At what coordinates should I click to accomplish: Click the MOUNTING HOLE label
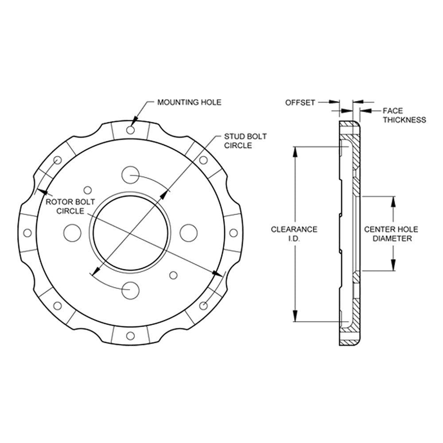pyautogui.click(x=189, y=102)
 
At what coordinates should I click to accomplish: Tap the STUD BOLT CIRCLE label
pyautogui.click(x=245, y=141)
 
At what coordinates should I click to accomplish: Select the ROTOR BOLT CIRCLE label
pyautogui.click(x=70, y=206)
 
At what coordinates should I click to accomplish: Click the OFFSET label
pyautogui.click(x=300, y=103)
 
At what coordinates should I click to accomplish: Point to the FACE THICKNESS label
pyautogui.click(x=404, y=115)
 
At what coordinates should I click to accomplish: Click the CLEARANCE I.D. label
pyautogui.click(x=294, y=233)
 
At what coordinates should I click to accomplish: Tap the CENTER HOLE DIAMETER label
pyautogui.click(x=391, y=233)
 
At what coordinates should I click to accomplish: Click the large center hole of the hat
pyautogui.click(x=132, y=233)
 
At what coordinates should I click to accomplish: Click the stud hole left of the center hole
pyautogui.click(x=73, y=233)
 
